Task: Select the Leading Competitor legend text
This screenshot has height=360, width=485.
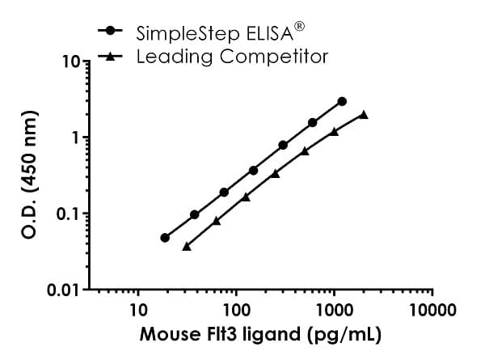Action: (232, 57)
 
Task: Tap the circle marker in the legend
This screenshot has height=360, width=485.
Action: (110, 32)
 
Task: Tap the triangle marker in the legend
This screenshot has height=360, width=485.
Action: (110, 56)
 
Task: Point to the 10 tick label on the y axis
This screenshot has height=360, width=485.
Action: (70, 62)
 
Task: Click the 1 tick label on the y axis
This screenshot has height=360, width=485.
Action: (74, 138)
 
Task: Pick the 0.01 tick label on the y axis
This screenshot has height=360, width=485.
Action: (64, 290)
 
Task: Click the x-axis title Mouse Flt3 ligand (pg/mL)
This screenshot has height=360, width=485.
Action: (260, 334)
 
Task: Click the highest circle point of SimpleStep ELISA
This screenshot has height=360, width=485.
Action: (342, 101)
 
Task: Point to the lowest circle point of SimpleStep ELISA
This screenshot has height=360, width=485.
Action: (165, 238)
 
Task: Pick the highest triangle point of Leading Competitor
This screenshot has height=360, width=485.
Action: (364, 115)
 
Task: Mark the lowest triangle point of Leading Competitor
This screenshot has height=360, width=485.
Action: (187, 246)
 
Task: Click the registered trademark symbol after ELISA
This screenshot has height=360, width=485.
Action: (298, 26)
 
